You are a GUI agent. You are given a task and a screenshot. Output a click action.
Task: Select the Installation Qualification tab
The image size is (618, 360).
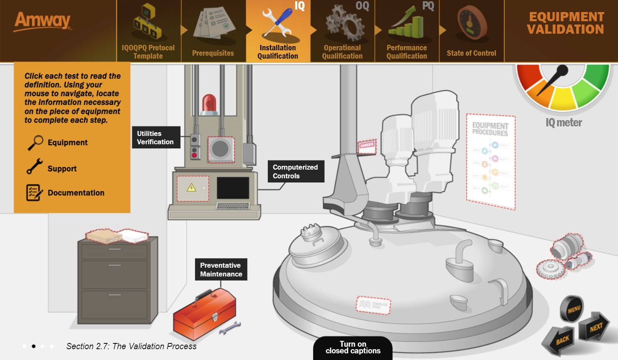278,32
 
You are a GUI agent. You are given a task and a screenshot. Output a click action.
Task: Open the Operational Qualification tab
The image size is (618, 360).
342,32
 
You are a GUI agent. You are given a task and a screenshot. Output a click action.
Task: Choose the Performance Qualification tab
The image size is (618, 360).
407,32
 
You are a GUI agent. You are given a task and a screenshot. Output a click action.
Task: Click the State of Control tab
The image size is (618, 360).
471,32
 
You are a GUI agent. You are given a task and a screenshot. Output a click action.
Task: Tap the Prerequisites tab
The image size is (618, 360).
213,32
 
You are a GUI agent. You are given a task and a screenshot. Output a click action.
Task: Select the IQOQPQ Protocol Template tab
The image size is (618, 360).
148,32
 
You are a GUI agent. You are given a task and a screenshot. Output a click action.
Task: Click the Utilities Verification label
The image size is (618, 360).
156,138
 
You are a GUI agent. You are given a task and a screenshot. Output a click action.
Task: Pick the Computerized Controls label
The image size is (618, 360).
295,171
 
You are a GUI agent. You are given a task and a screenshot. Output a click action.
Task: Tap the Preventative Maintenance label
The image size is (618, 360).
221,269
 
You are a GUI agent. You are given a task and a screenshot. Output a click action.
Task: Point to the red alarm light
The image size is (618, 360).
209,104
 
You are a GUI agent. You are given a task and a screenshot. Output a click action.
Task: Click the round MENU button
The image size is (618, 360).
573,309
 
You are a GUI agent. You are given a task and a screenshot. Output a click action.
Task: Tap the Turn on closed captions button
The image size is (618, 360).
353,348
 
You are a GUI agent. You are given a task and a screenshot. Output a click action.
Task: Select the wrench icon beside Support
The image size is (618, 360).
35,166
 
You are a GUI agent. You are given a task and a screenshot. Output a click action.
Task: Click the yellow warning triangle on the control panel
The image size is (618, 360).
191,188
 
